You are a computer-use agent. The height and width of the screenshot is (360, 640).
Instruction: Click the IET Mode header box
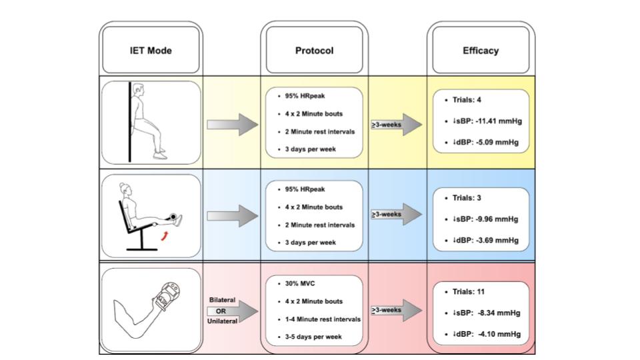click(x=151, y=50)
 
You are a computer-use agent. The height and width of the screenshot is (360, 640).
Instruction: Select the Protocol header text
click(x=314, y=51)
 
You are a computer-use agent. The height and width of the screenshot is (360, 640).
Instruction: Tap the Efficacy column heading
click(x=481, y=51)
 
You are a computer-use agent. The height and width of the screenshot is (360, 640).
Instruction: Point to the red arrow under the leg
click(x=164, y=236)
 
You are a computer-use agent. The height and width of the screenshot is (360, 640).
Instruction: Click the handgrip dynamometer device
click(x=168, y=295)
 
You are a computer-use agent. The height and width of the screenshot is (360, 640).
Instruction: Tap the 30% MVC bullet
click(x=299, y=284)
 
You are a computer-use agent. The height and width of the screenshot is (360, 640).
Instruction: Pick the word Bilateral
click(x=223, y=300)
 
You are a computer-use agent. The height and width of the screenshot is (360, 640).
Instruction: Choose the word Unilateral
click(x=223, y=321)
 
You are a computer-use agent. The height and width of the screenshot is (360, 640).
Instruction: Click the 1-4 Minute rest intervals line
click(x=323, y=319)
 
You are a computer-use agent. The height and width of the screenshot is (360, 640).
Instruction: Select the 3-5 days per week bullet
click(x=313, y=337)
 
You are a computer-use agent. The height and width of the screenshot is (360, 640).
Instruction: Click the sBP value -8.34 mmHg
click(x=499, y=313)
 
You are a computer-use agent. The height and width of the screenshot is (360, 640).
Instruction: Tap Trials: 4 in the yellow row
click(x=467, y=100)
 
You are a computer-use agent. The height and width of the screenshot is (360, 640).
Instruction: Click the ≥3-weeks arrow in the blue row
click(x=396, y=214)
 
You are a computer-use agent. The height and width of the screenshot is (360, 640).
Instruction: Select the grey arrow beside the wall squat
click(x=233, y=125)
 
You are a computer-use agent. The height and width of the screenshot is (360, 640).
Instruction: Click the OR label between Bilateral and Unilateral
click(x=221, y=311)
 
